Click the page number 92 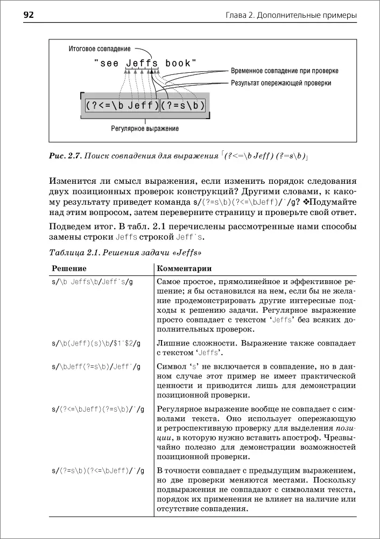(28, 15)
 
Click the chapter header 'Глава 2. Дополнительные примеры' (291, 16)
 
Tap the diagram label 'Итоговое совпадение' (100, 49)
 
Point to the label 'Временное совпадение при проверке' (285, 71)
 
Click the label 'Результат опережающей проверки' (281, 83)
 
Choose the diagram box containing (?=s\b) (183, 105)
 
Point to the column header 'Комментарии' (184, 268)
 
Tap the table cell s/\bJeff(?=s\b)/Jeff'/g (96, 367)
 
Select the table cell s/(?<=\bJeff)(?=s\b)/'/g (98, 410)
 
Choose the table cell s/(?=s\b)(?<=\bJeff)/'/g (98, 471)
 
